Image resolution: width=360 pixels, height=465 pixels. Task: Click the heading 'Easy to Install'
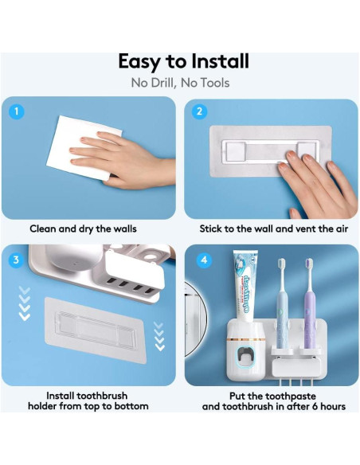183,61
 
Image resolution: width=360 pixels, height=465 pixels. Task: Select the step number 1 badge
18,112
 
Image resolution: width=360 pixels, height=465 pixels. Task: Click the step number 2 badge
200,112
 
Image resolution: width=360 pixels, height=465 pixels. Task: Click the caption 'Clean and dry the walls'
83,229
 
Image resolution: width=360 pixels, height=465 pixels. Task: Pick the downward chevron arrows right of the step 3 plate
159,334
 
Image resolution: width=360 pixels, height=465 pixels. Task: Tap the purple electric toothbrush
308,311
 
